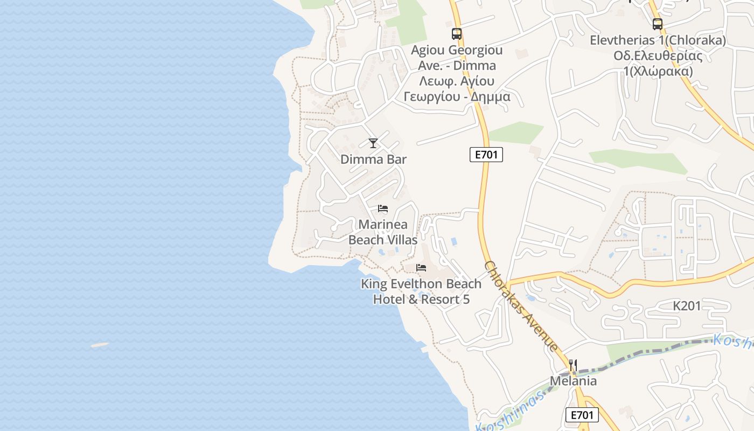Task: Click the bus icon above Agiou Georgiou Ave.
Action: coord(457,34)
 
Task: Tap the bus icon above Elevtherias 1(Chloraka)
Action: coord(657,24)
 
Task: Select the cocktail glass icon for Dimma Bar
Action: coord(373,143)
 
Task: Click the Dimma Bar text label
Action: coord(373,159)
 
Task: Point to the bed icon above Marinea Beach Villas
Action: coord(383,208)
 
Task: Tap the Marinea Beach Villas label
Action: coord(383,232)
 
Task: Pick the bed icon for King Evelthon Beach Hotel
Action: coord(421,268)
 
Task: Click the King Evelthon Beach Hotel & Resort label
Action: coord(421,291)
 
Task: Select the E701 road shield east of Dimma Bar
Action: coord(486,155)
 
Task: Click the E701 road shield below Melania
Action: coord(582,415)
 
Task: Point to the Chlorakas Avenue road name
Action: coord(521,306)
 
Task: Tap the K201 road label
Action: coord(687,306)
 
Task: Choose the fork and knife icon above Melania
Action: coord(573,365)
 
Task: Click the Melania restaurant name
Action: coord(573,381)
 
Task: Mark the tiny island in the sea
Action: coord(100,345)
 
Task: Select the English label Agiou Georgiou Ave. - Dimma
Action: coord(457,58)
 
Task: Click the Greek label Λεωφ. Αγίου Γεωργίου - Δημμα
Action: coord(457,89)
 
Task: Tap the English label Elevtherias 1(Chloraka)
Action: coord(658,40)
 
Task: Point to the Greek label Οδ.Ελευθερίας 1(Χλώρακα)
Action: coord(658,64)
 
